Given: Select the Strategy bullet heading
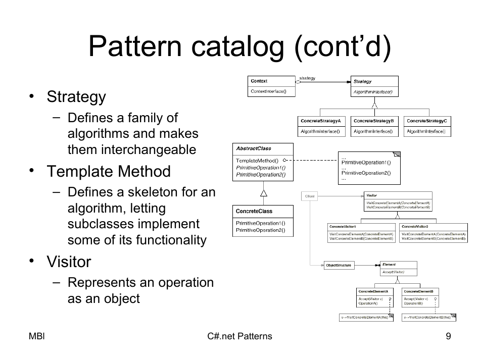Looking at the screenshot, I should point(76,96).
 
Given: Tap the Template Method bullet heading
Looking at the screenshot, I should point(109,172).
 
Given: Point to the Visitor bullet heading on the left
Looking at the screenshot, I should point(69,262).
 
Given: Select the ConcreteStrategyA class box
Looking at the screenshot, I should point(320,126).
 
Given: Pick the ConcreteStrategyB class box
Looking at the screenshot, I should point(373,126).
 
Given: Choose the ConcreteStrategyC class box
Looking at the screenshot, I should point(427,126).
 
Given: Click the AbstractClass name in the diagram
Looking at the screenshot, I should point(254,148).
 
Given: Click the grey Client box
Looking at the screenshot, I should point(310,196).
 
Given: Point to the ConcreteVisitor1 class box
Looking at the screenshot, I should point(361,232).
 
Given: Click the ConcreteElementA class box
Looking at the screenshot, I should point(373,298).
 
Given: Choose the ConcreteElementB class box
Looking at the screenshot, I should point(421,298).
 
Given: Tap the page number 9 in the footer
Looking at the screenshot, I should point(448,336).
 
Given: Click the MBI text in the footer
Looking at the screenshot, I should point(37,336).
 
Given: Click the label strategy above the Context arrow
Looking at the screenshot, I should point(307,78).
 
